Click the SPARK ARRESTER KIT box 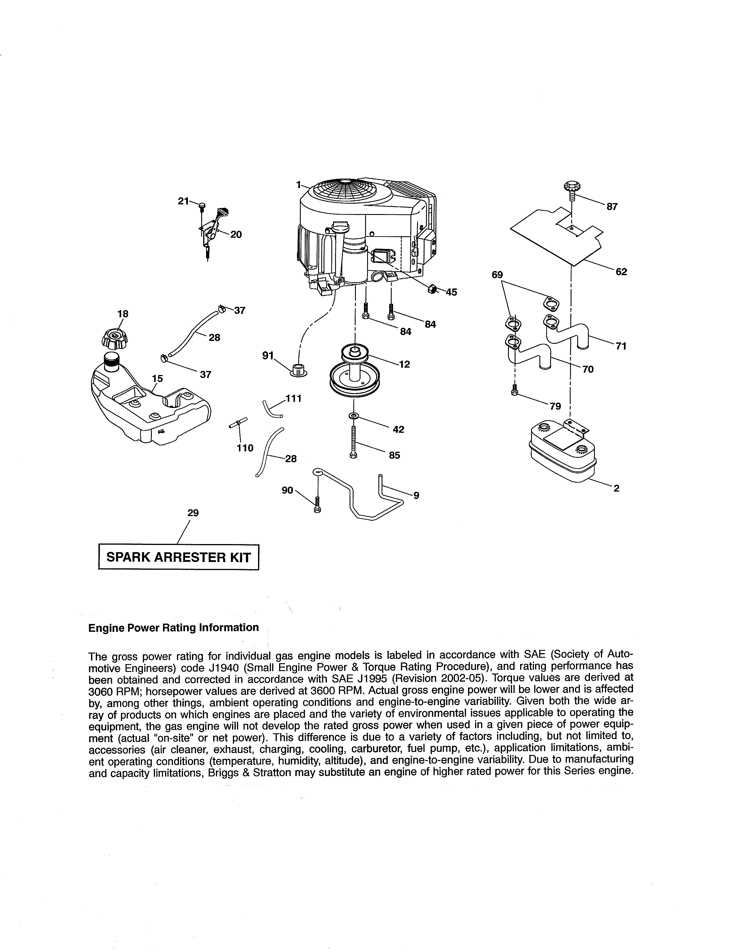(x=179, y=557)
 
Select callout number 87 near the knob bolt (x=612, y=207)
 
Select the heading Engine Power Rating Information (x=173, y=628)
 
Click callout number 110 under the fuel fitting (x=244, y=448)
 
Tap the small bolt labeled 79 (x=515, y=390)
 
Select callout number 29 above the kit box (x=193, y=513)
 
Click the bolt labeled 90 (x=317, y=505)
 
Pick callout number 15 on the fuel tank (x=157, y=378)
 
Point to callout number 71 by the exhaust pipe (x=621, y=346)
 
